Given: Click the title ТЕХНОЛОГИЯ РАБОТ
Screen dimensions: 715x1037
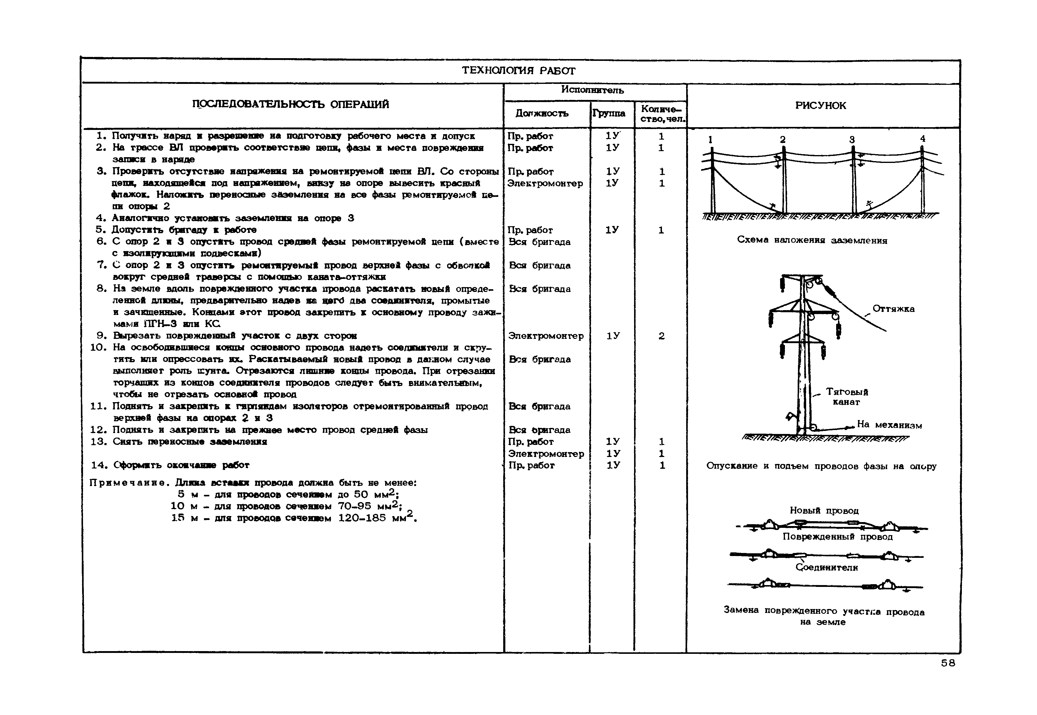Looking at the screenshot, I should click(519, 71).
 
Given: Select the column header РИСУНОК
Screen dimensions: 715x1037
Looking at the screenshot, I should click(821, 106).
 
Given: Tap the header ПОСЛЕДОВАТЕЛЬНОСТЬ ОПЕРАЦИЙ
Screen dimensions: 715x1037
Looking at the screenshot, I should click(291, 104).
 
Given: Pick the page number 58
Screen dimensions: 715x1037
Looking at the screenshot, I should click(948, 663).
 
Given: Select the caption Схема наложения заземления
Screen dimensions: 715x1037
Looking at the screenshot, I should click(812, 240).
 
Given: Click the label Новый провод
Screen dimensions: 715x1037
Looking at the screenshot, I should click(824, 510).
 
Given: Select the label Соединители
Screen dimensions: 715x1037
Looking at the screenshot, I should click(826, 568).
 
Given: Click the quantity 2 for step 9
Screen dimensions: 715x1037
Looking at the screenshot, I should click(661, 336).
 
